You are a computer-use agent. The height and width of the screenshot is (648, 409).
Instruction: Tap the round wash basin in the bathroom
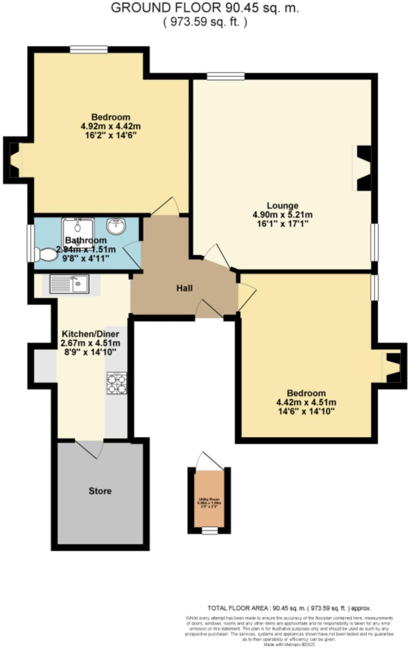coord(117,226)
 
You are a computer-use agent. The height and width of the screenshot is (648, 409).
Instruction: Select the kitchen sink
coord(69,284)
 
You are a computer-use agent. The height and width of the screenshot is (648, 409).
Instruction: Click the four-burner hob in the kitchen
coord(117,383)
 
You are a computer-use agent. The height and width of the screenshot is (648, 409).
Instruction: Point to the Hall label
coord(185,288)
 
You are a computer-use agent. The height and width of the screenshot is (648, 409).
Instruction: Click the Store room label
coord(100,491)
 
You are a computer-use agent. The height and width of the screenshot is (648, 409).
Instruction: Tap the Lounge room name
coord(282,205)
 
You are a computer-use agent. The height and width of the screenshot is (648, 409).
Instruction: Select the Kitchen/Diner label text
coord(90,334)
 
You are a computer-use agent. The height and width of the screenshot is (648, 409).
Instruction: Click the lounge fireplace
coord(362,168)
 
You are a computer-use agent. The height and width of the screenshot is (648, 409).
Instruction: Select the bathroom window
coord(31,243)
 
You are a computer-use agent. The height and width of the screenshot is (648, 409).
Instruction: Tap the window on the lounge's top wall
coord(226,76)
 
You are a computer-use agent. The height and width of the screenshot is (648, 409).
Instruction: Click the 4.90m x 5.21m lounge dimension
coord(282,215)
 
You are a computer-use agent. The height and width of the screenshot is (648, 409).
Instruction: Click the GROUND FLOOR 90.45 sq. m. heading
coord(205,8)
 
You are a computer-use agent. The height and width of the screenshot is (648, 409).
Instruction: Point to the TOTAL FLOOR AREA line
coord(289,608)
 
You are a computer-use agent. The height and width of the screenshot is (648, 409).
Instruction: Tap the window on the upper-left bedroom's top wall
coord(89,49)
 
